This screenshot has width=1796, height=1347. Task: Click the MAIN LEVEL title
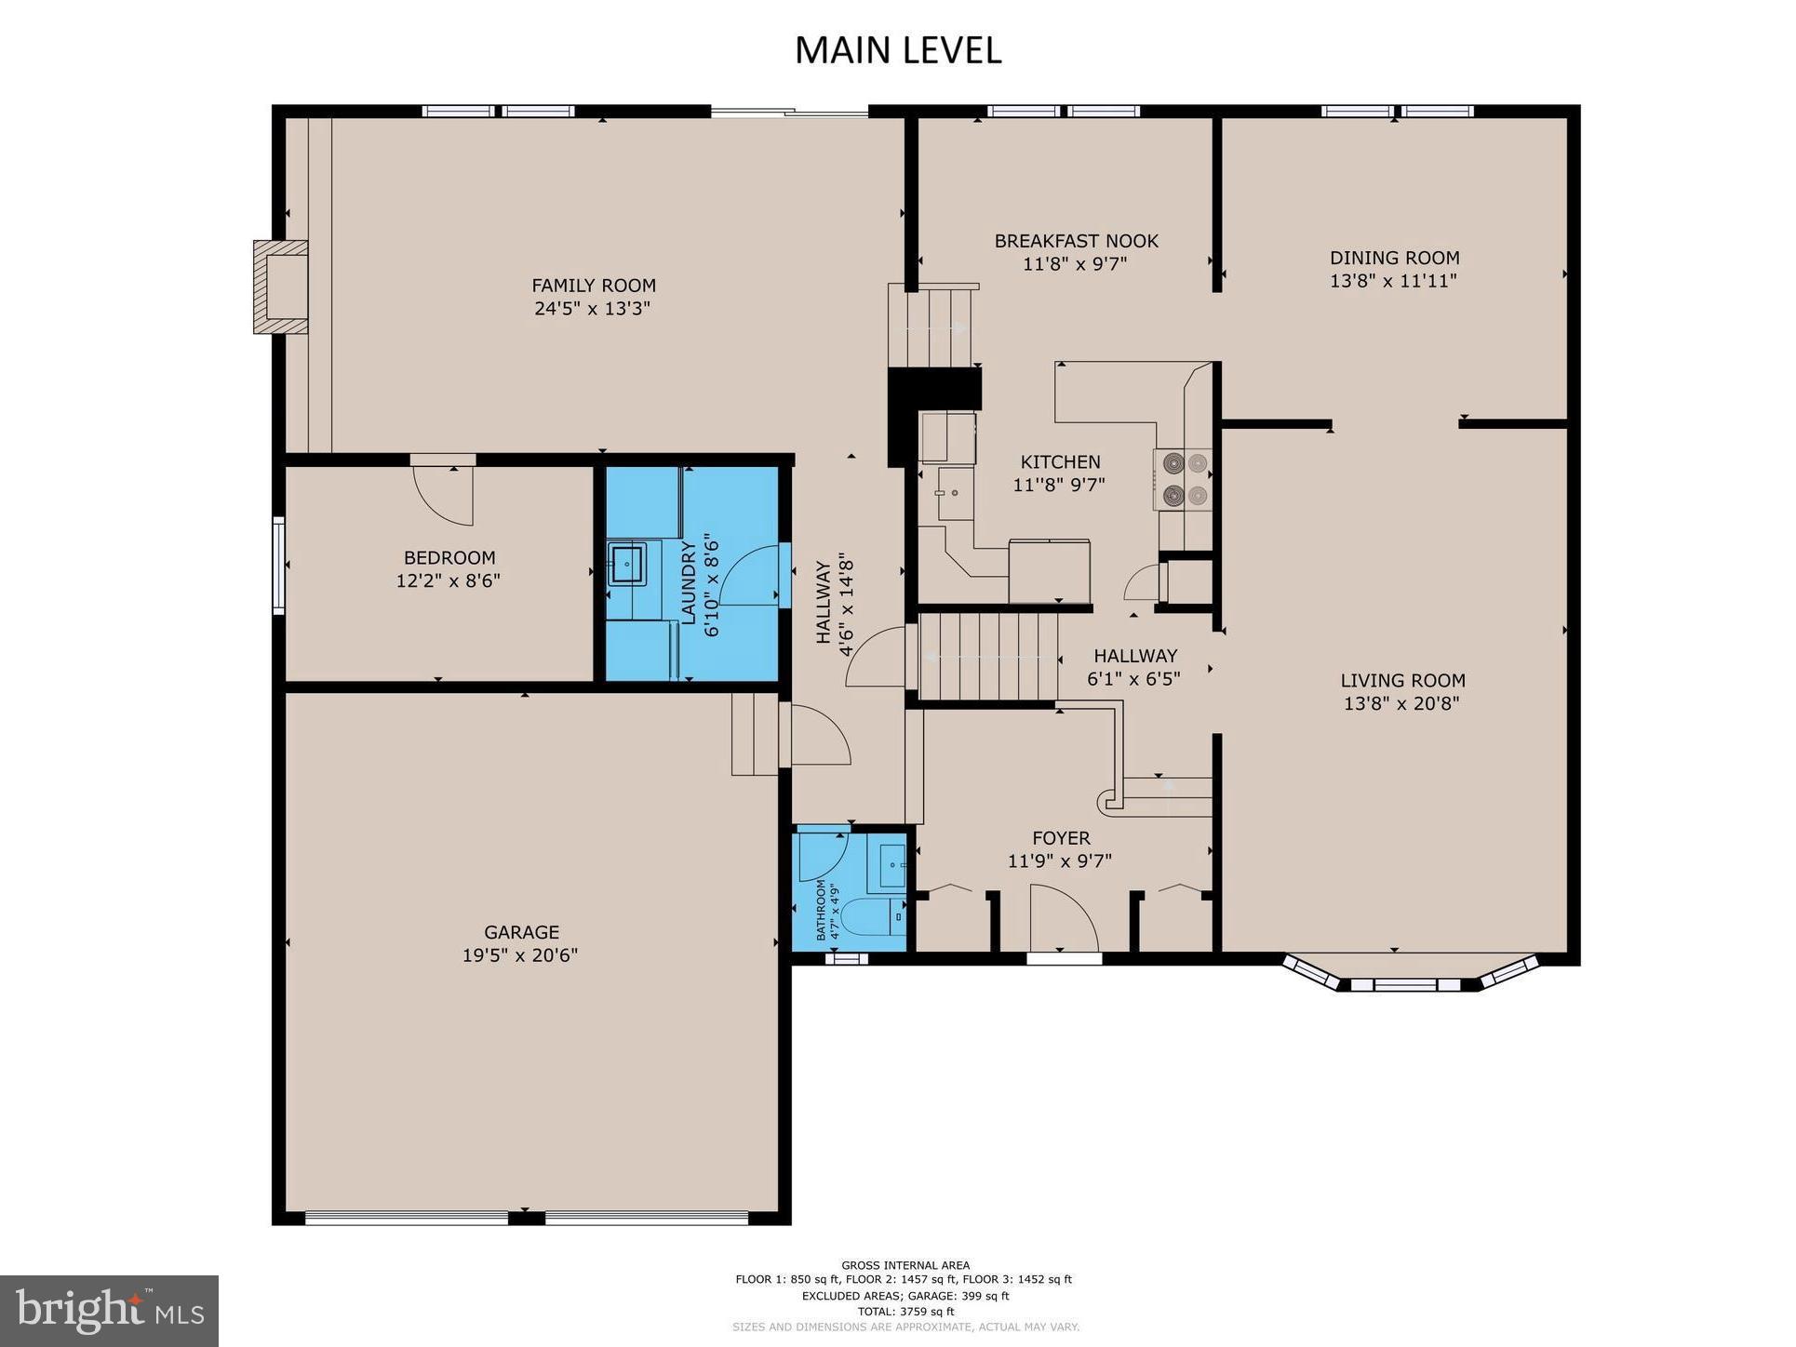tap(897, 50)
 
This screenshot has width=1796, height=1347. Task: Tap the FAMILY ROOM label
tap(593, 286)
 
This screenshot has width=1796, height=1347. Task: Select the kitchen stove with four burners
tap(1183, 480)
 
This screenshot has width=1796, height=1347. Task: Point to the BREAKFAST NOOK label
tap(1076, 241)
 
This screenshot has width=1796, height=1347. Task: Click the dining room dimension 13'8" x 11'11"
tap(1392, 281)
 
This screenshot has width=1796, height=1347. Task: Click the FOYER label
tap(1060, 838)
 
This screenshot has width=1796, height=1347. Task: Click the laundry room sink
tap(627, 564)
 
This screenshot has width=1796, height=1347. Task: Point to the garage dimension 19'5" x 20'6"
tap(519, 955)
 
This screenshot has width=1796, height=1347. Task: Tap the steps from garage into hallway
tap(755, 734)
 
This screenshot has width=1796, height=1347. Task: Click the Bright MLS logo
tap(109, 1311)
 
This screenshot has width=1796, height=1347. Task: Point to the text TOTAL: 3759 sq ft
tap(905, 1312)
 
